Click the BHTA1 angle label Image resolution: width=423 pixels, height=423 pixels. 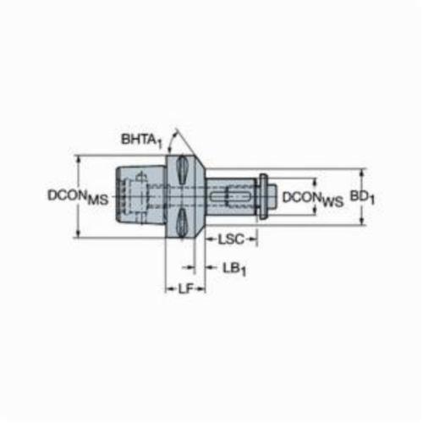(142, 140)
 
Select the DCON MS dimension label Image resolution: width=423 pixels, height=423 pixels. (78, 196)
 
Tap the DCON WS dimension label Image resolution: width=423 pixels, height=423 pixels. (313, 199)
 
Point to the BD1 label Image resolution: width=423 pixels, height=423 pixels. (362, 197)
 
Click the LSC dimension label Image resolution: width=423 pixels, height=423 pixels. (231, 239)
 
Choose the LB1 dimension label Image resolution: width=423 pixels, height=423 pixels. (234, 270)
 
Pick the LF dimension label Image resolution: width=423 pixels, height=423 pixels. (186, 288)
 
